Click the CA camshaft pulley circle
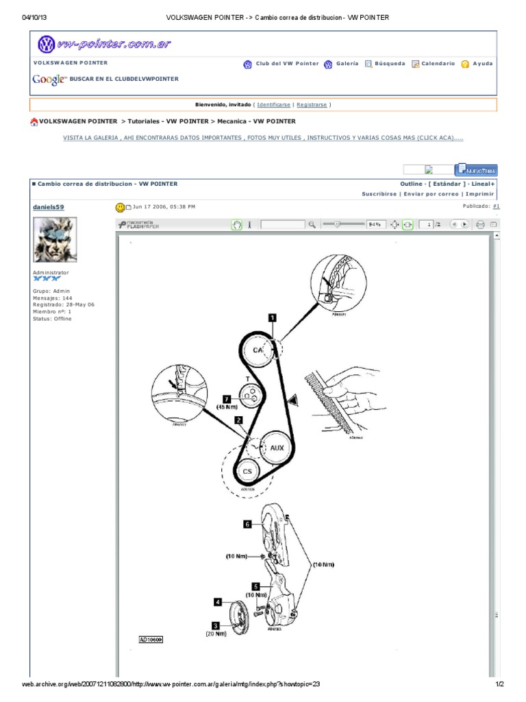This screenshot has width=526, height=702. [x=258, y=350]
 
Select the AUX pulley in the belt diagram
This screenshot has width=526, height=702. [x=277, y=447]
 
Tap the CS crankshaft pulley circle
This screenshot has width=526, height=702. [x=247, y=472]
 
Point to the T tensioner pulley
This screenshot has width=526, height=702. [x=251, y=394]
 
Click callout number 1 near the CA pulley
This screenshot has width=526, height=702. [x=272, y=317]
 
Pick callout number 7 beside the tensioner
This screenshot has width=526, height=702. [x=226, y=399]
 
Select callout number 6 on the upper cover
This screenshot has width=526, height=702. [x=247, y=524]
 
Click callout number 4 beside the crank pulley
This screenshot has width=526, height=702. [x=218, y=601]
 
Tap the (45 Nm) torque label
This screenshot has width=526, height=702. [x=227, y=407]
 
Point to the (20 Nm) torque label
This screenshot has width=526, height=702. [x=215, y=634]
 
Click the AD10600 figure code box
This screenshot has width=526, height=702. [x=151, y=639]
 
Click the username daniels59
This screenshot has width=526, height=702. [x=49, y=206]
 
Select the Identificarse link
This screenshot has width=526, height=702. [x=274, y=105]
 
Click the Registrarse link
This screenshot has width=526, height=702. [x=312, y=105]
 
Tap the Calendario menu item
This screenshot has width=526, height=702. [x=438, y=64]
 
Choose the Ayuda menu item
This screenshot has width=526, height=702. [x=482, y=64]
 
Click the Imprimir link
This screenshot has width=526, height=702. [x=480, y=194]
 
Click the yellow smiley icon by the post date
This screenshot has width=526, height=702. [x=120, y=206]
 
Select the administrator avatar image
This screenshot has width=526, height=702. [x=55, y=239]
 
